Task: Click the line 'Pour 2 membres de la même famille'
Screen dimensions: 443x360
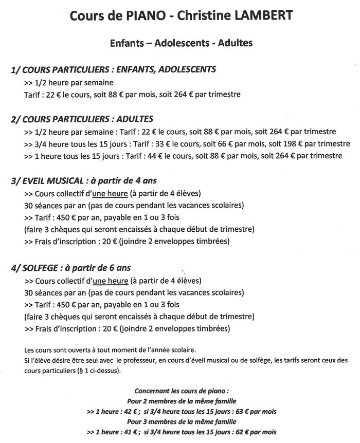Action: click(179, 400)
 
